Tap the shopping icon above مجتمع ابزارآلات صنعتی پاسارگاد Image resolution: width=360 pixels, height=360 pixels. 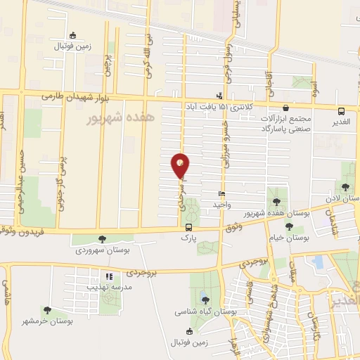click(x=286, y=108)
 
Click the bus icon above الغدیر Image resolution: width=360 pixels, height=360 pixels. click(x=341, y=111)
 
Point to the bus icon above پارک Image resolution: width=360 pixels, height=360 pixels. click(x=188, y=227)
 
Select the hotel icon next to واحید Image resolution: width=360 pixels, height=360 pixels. click(x=222, y=194)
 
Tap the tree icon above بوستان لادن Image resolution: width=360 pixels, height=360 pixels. click(x=346, y=186)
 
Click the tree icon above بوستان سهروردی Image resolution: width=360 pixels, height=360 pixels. click(x=103, y=239)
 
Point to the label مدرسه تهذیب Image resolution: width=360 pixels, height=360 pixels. click(x=108, y=287)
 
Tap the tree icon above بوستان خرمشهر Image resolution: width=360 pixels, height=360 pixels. click(x=47, y=309)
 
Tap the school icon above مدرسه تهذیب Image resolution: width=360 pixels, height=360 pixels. click(x=108, y=277)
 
